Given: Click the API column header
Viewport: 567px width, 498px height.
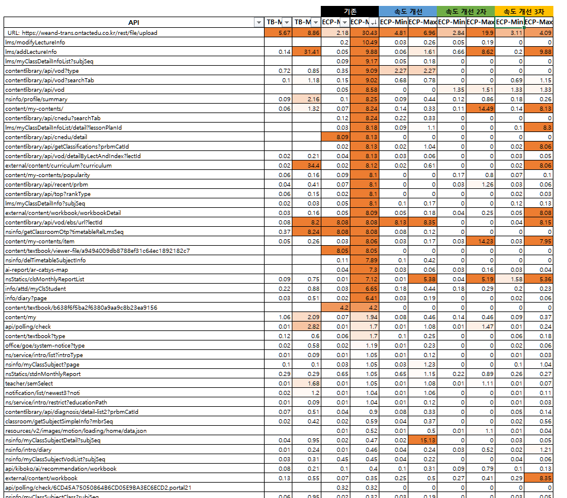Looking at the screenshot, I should (x=134, y=23).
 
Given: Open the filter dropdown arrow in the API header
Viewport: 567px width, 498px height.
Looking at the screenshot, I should (x=257, y=23).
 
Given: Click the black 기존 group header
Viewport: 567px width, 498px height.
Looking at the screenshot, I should (x=350, y=11).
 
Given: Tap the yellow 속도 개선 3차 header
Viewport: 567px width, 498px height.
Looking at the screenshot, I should (x=524, y=11).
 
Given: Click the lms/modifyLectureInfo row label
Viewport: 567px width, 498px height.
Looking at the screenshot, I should (x=35, y=42).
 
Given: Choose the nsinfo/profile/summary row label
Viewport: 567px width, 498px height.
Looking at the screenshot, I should (x=36, y=99).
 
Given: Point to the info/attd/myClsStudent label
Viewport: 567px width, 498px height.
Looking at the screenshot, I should (x=36, y=288).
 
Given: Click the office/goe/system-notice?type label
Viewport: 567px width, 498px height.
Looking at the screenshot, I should (x=45, y=345).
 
